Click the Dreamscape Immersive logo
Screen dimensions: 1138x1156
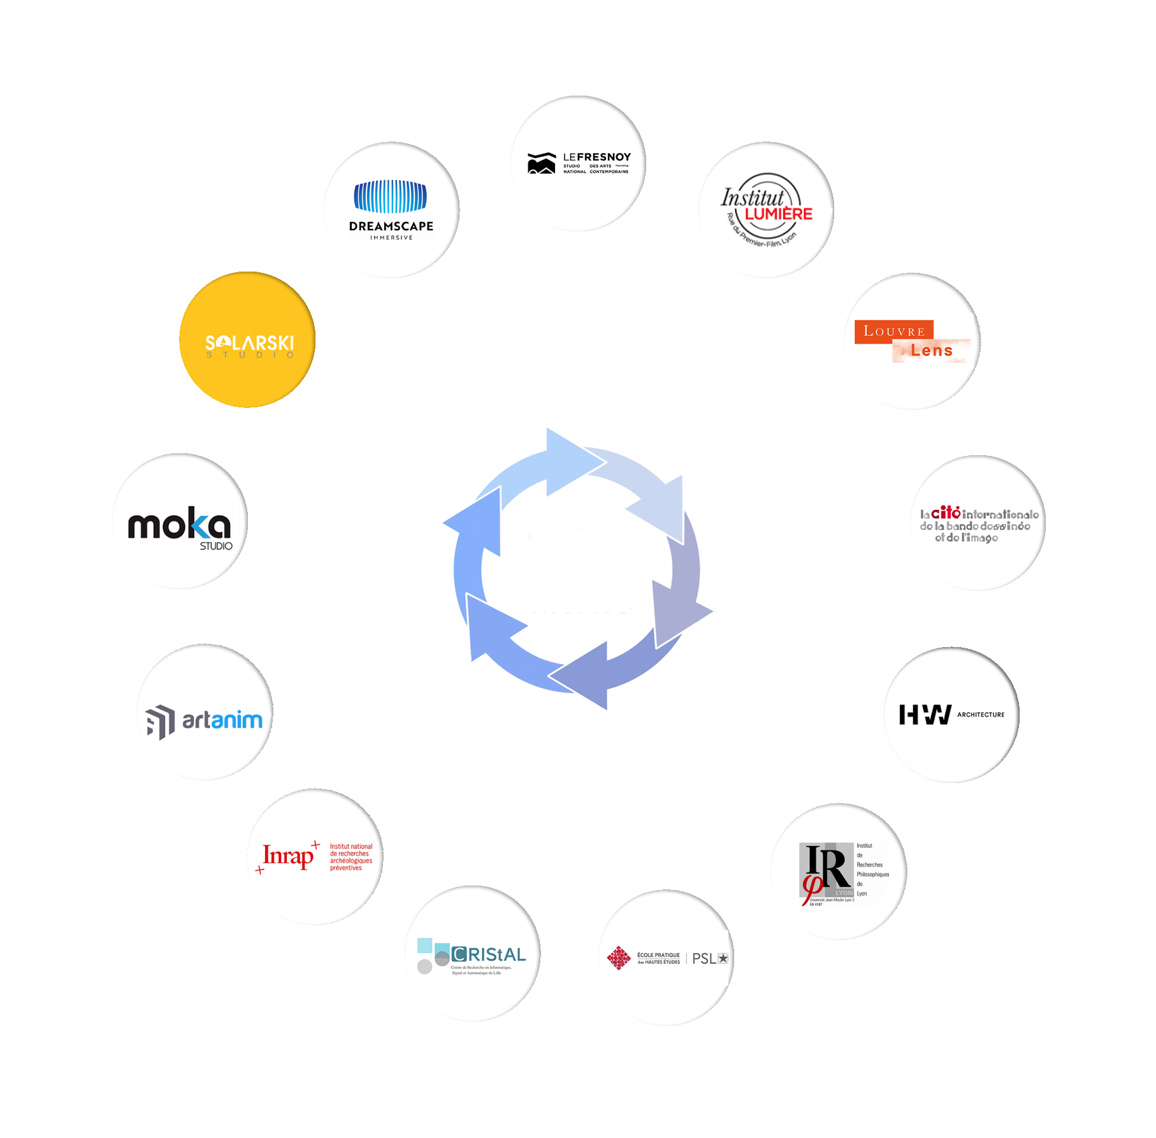pos(390,211)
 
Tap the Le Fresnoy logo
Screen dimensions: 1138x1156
pos(578,163)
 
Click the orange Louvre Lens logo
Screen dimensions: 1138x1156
pos(911,342)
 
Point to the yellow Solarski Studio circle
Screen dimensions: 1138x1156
pos(247,340)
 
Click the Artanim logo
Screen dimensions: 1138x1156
pos(205,721)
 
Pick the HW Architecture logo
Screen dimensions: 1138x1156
pos(952,715)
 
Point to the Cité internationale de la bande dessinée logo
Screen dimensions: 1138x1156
pos(978,525)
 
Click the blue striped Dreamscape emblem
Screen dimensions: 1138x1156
pos(390,196)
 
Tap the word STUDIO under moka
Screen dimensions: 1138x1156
pos(216,546)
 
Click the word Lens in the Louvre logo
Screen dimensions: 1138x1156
pos(931,351)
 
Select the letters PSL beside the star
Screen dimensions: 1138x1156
pos(704,959)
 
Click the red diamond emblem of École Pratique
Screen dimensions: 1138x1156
pos(618,958)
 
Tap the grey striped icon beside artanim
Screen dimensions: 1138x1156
pos(160,722)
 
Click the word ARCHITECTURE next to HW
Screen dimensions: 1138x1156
pos(980,715)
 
